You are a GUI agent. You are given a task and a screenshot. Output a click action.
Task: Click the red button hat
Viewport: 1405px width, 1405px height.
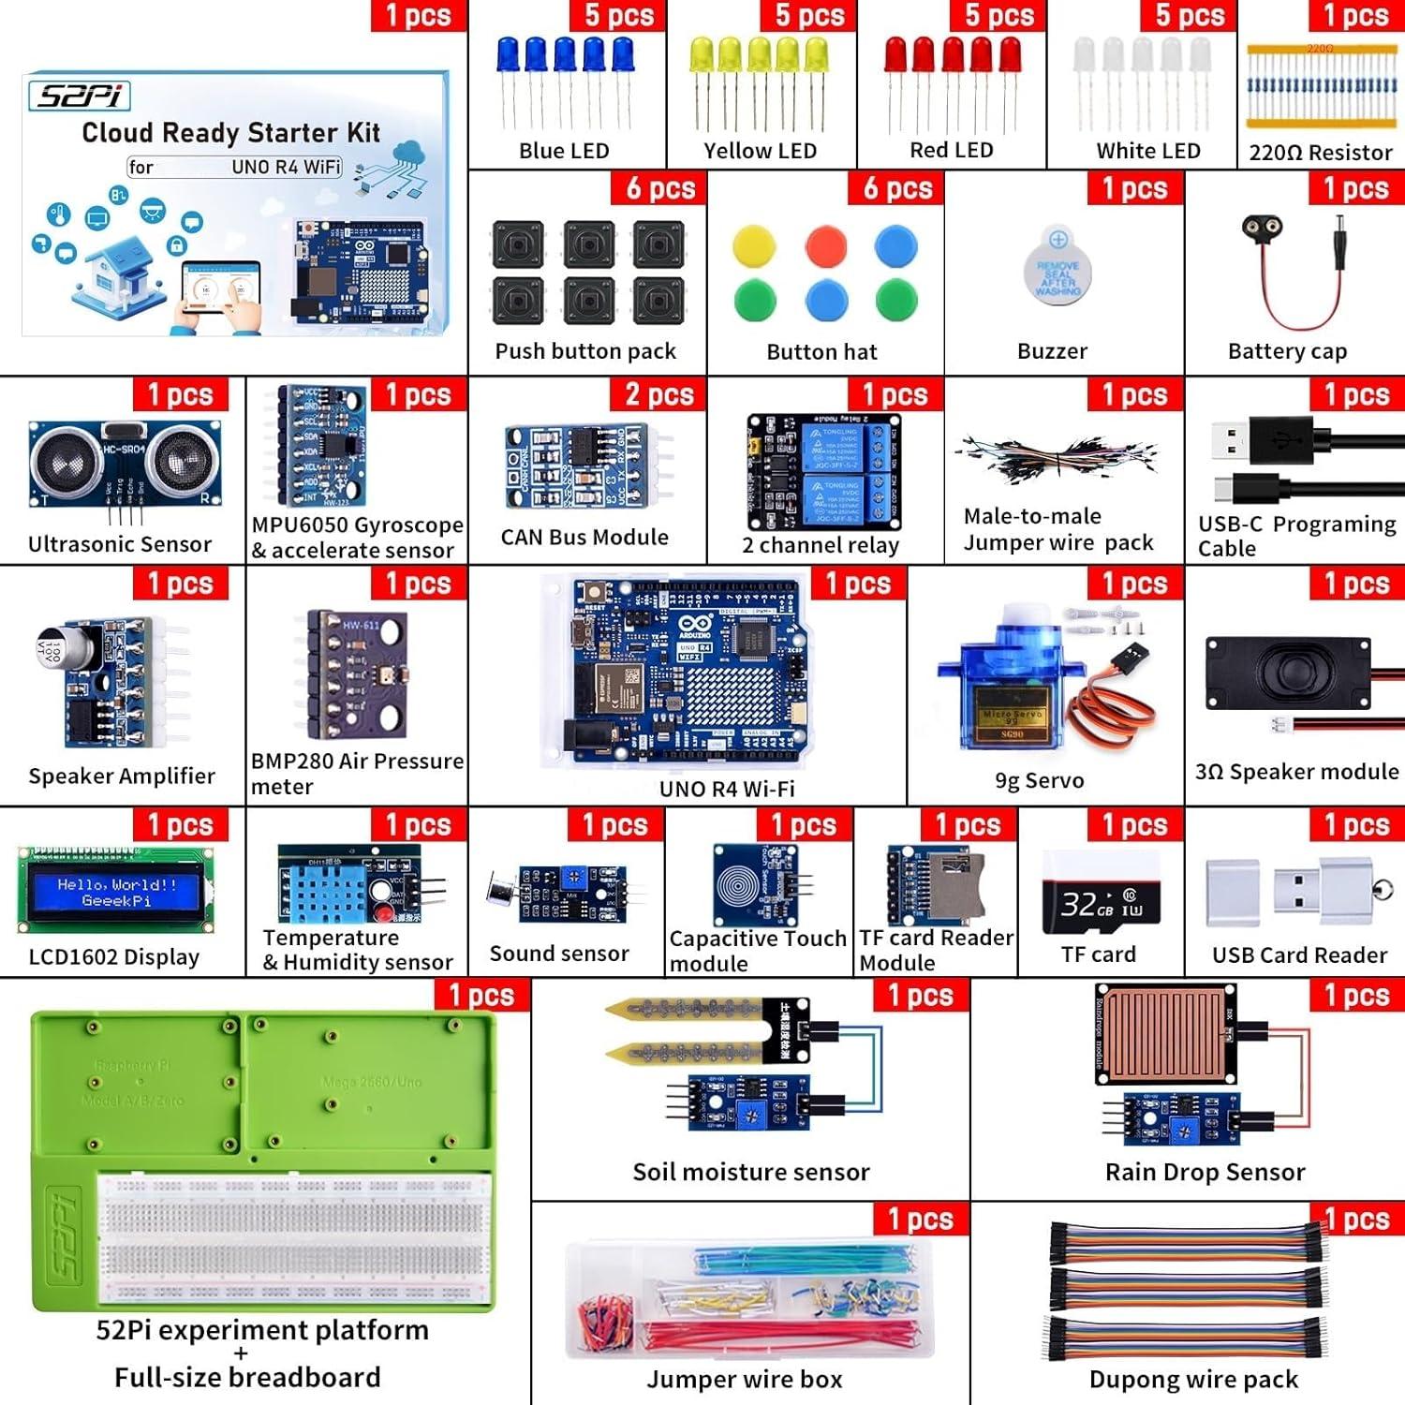825,246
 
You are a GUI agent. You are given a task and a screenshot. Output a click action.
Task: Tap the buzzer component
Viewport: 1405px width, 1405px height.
1057,267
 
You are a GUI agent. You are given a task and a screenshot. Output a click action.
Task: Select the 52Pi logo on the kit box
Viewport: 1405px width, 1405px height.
80,96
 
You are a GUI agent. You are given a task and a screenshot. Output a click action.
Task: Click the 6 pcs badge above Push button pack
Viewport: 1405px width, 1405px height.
660,188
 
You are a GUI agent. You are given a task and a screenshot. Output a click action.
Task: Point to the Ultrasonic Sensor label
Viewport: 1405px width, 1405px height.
120,544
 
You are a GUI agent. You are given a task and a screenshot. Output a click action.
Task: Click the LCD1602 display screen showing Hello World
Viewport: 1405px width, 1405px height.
116,892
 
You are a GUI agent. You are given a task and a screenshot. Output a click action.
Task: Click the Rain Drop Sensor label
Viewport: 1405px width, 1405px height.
1205,1172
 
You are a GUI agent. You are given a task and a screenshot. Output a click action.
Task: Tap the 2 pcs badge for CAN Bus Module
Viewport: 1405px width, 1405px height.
659,394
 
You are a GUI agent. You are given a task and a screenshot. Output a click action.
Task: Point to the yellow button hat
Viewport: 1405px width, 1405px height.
754,246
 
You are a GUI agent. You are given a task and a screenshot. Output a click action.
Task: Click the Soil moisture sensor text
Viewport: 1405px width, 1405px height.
750,1172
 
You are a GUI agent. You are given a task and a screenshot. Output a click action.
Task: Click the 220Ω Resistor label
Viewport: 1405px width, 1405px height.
1320,153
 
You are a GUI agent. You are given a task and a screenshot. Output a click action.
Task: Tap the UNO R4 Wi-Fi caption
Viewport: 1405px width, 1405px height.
727,789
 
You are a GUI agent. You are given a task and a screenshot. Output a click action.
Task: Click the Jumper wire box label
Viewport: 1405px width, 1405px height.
744,1379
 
